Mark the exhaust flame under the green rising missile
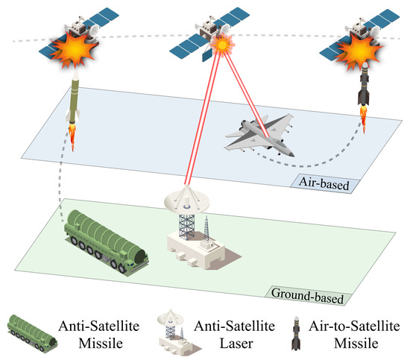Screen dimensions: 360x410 click(75, 134)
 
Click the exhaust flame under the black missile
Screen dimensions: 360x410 click(364, 113)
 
